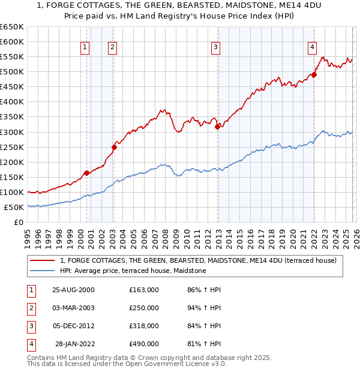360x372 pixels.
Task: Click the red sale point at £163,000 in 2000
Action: tap(86, 173)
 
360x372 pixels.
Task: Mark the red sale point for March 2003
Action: tap(113, 146)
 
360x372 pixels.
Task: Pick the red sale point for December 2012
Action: tap(217, 126)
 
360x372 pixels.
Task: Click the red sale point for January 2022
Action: tap(314, 75)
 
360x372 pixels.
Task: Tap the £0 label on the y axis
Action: tap(18, 223)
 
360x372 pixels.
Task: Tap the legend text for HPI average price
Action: tap(133, 271)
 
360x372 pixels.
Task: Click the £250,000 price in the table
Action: tap(143, 308)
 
